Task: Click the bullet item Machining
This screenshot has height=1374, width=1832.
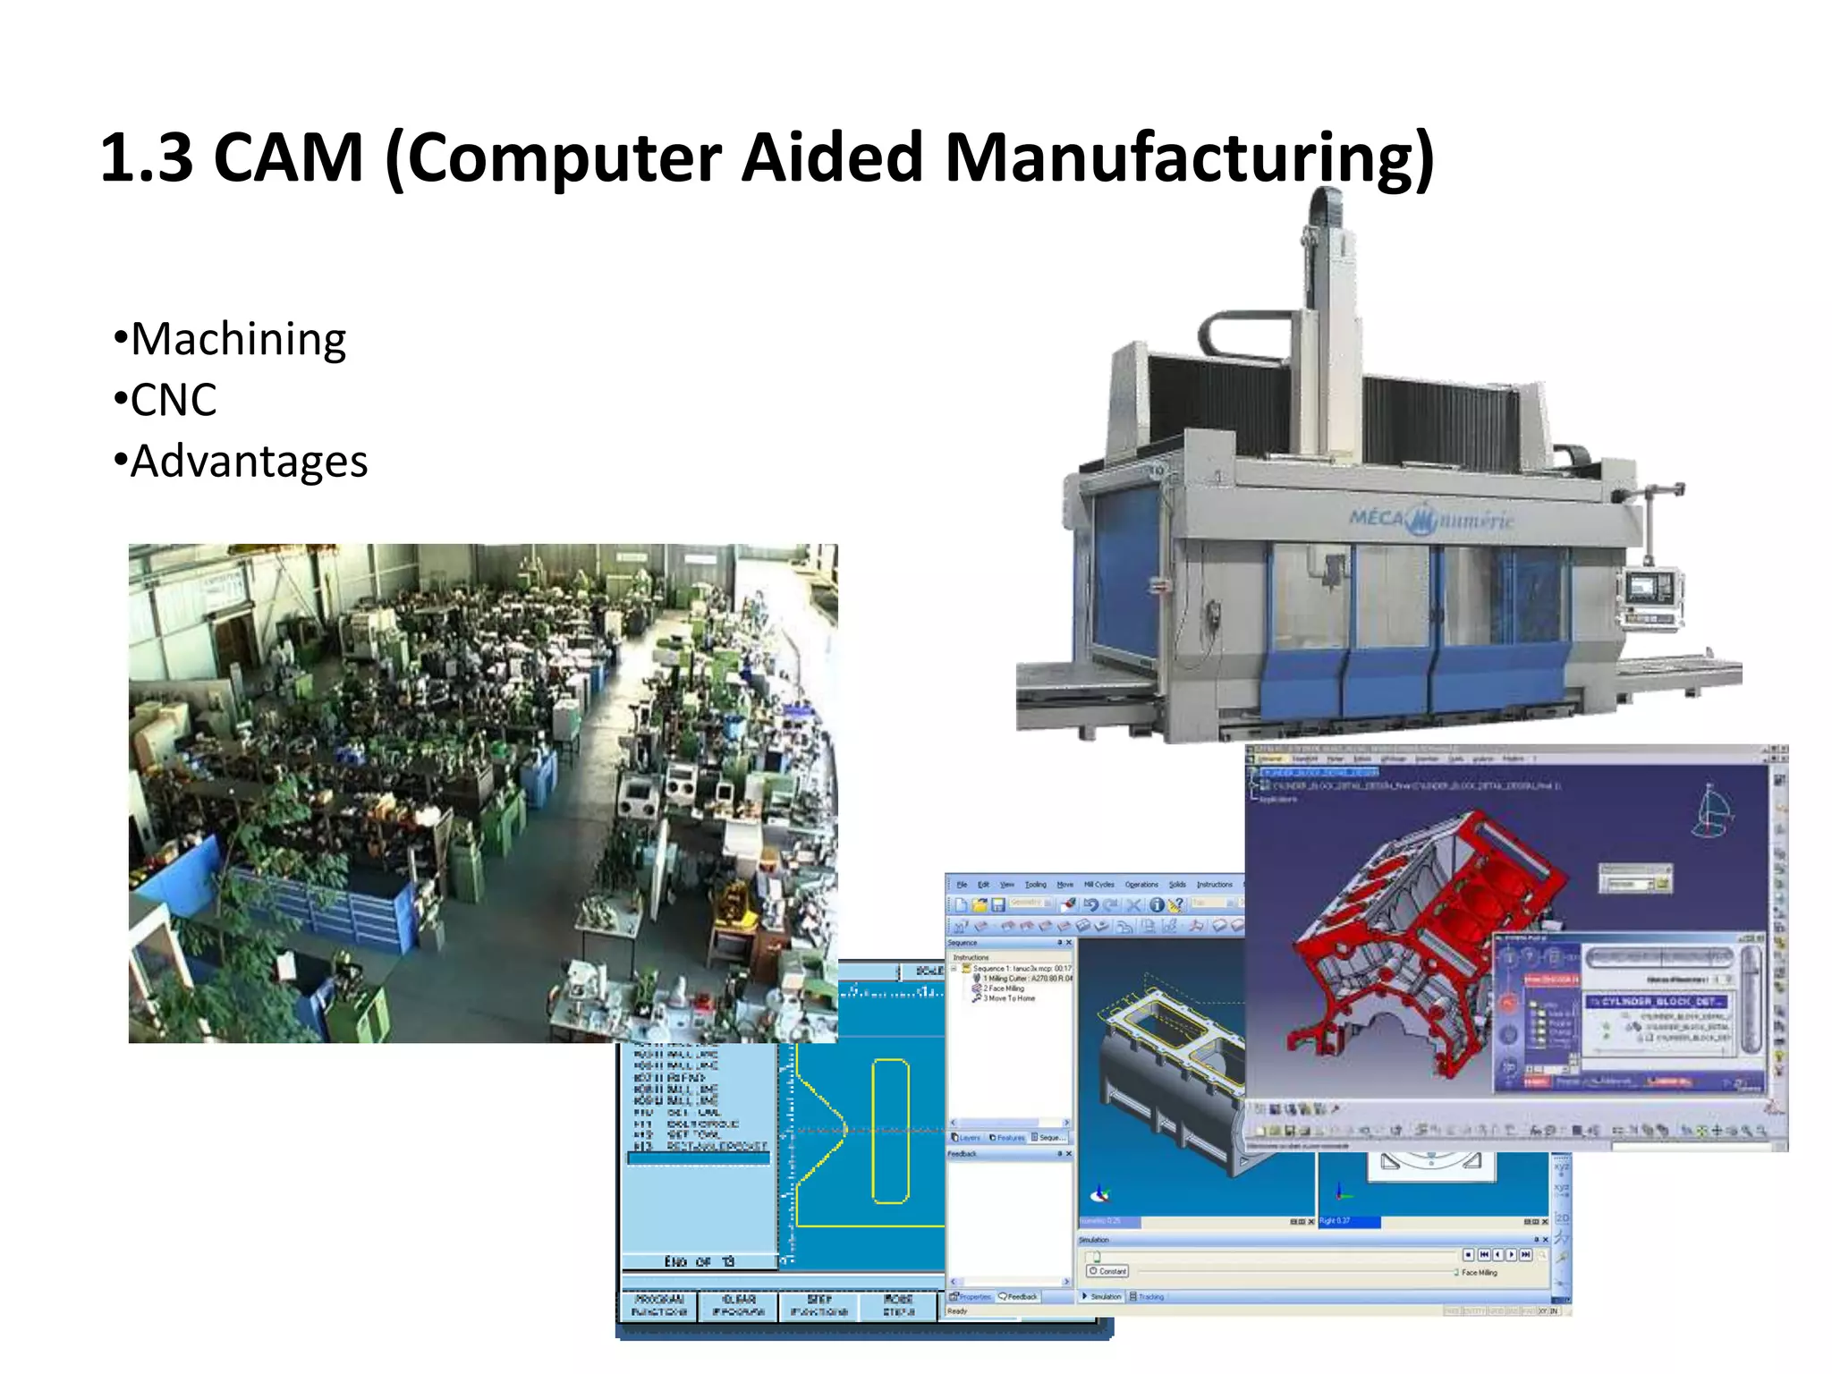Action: coord(238,340)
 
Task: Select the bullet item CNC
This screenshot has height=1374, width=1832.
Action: coord(174,401)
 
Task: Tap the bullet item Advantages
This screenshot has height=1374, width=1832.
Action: coord(249,462)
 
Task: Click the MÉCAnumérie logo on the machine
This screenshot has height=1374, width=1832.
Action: coord(1431,519)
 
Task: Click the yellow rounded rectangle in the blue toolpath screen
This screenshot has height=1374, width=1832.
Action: coord(890,1131)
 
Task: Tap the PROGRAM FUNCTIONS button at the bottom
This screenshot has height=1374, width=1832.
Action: coord(658,1305)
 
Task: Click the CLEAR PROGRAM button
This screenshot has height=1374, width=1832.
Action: coord(738,1305)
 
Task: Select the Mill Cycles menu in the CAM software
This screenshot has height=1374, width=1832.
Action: coord(1098,885)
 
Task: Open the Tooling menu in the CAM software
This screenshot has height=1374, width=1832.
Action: coord(1035,885)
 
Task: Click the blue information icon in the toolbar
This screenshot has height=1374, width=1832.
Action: coord(1156,904)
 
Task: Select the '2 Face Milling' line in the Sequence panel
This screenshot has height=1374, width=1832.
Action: coord(1004,988)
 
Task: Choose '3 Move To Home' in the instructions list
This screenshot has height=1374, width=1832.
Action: coord(1009,998)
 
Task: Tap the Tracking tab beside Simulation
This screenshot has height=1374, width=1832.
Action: coord(1149,1296)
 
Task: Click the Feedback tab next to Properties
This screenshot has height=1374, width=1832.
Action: coord(1021,1296)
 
